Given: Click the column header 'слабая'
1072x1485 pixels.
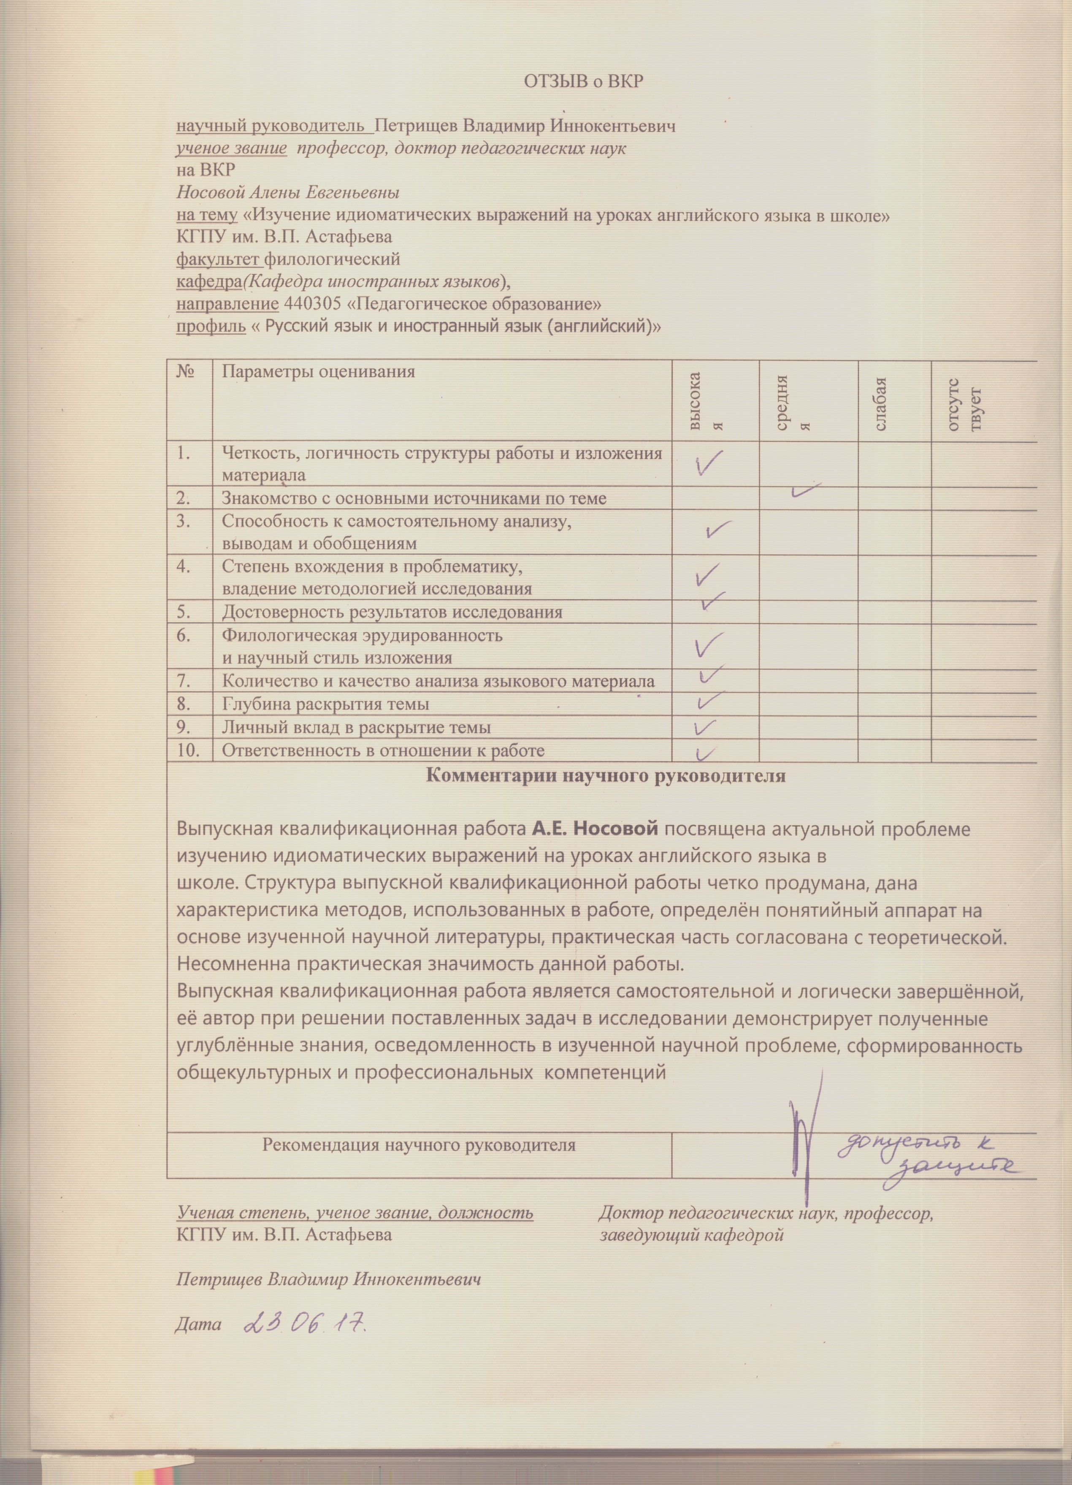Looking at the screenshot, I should tap(881, 403).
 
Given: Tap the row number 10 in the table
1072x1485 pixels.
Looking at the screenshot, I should tap(189, 750).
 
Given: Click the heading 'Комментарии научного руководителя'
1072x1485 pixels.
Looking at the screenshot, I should tap(605, 776).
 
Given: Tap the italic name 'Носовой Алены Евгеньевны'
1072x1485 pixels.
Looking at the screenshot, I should tap(288, 193).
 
